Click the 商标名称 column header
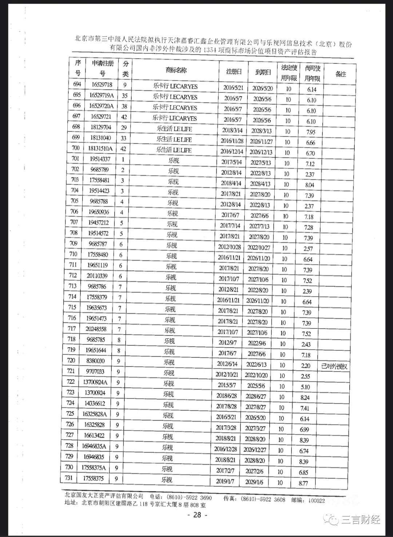tap(176, 70)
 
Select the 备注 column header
tap(340, 74)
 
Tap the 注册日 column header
tap(234, 71)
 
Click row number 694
tap(77, 84)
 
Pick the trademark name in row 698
tap(174, 129)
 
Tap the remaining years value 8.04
tap(310, 185)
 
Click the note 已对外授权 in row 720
tap(334, 366)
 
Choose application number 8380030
tap(96, 361)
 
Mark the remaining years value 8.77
tap(303, 483)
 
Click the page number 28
tap(197, 515)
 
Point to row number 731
tap(68, 478)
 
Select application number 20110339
tap(97, 276)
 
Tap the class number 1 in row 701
tap(123, 159)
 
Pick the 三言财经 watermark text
tap(360, 520)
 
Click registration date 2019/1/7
tap(225, 481)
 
